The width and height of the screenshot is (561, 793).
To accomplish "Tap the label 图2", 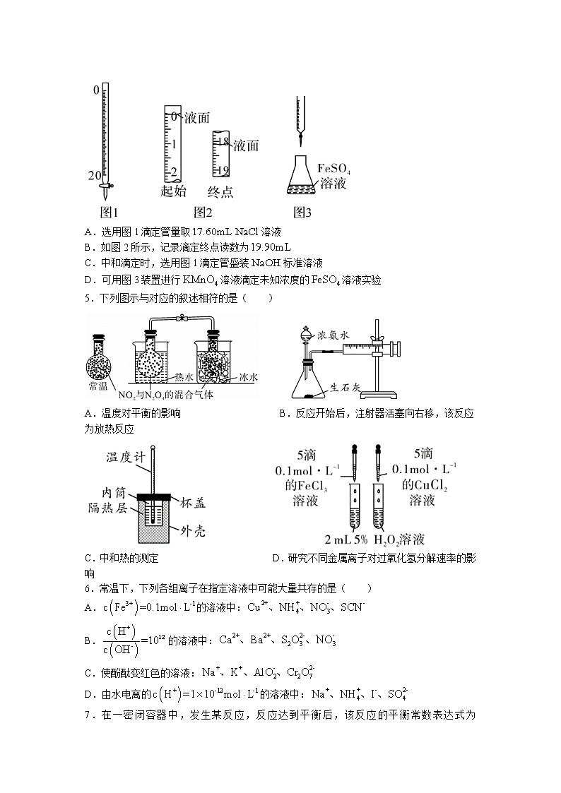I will point(203,212).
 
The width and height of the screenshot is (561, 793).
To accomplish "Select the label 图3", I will point(302,212).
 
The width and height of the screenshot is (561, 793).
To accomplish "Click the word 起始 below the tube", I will point(173,191).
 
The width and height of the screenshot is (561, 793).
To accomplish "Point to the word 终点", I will point(220,191).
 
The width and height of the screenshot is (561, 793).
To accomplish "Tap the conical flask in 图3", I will point(301,177).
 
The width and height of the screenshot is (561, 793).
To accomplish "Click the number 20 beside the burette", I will point(95,175).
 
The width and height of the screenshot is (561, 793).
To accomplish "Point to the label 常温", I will point(98,387).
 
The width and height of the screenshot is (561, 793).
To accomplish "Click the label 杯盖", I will point(191,503).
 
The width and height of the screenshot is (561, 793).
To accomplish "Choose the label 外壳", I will point(191,530).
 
